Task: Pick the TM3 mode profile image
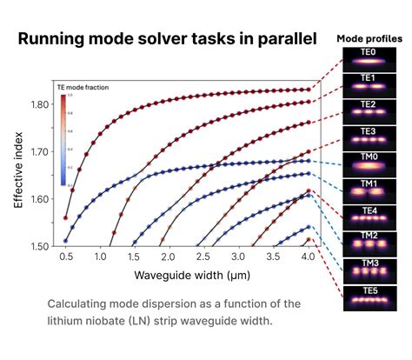tap(369, 268)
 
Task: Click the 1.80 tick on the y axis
tap(38, 104)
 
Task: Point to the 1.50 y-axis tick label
tap(38, 246)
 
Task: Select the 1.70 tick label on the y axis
tap(38, 151)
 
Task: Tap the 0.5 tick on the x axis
tap(66, 258)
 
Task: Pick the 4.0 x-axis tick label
tap(307, 258)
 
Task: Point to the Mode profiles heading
tap(369, 38)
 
